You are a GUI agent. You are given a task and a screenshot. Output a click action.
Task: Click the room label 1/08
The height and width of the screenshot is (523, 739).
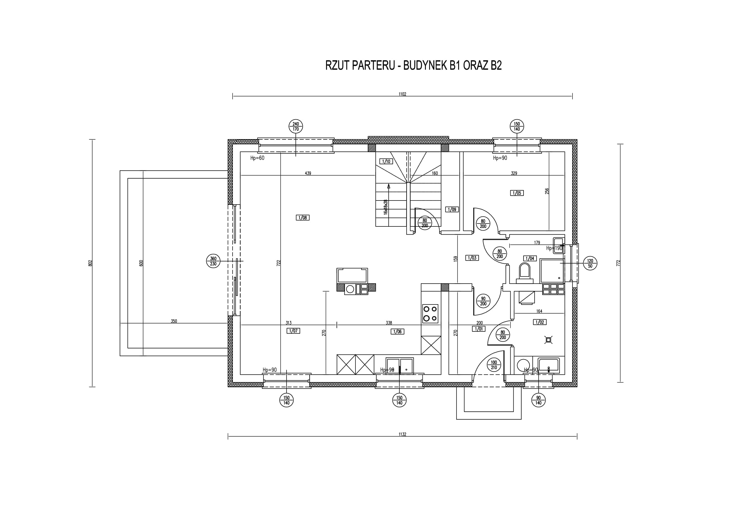[x=303, y=218]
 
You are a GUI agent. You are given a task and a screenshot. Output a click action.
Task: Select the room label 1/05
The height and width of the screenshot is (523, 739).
[x=517, y=193]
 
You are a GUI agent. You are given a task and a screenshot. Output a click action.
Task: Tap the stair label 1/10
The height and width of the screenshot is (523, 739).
[x=386, y=161]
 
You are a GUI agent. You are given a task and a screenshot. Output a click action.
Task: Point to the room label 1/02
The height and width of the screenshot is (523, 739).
[x=540, y=322]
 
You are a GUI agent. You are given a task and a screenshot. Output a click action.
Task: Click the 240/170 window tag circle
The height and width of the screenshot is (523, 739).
[x=296, y=126]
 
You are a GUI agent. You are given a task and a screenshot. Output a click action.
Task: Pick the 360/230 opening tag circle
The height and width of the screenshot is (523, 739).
[x=213, y=261]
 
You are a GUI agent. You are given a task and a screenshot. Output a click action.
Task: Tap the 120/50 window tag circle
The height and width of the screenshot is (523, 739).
[x=590, y=263]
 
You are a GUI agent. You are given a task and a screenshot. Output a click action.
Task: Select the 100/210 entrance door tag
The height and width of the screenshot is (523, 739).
[x=494, y=365]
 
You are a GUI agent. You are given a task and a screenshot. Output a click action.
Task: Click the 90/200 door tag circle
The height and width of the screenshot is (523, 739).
[x=483, y=301]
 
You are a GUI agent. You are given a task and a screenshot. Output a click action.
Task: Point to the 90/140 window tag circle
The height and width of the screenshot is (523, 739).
[x=538, y=400]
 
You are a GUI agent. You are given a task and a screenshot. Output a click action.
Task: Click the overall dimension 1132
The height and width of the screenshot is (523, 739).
[x=402, y=434]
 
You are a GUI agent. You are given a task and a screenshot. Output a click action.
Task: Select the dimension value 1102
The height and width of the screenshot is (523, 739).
[x=402, y=94]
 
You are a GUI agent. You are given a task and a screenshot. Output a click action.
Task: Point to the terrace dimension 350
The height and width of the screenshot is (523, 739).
[x=174, y=321]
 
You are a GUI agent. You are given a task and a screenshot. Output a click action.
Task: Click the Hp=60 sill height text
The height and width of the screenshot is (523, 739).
[x=257, y=158]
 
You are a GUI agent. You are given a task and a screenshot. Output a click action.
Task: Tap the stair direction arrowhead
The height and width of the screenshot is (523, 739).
[x=389, y=186]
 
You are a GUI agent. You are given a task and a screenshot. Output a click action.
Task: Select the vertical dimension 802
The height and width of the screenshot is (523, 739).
[x=90, y=263]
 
